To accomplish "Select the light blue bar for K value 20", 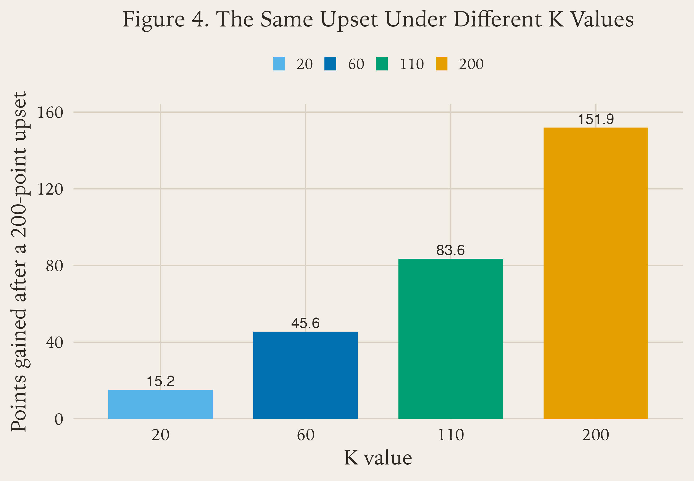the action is click(160, 404).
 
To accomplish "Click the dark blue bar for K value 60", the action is click(306, 375).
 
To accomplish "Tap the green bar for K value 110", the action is click(451, 339).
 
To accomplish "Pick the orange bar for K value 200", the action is click(595, 273).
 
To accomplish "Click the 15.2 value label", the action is click(160, 381).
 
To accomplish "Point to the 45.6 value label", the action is click(306, 323).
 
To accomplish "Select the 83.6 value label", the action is click(451, 250).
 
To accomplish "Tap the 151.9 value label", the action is click(595, 119).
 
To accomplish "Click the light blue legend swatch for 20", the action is click(279, 64).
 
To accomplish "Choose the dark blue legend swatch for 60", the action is click(330, 64).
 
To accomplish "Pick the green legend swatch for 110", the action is click(382, 64).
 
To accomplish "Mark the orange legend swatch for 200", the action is click(441, 64).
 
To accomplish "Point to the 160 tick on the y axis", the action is click(50, 113).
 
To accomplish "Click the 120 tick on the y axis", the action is click(50, 189).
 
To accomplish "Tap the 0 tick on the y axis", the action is click(59, 419).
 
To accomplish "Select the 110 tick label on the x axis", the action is click(451, 435).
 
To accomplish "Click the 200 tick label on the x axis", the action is click(595, 435).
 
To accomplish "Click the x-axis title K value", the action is click(378, 458).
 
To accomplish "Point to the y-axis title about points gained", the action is click(19, 262).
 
